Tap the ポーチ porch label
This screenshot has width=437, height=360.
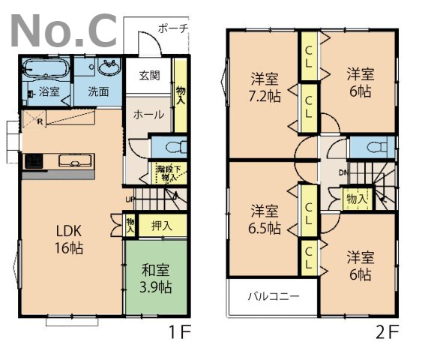[172, 28]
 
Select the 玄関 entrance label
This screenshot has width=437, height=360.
[148, 76]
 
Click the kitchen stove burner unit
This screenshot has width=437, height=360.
[33, 160]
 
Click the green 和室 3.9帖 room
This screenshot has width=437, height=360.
[155, 277]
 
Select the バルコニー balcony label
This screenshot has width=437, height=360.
[274, 296]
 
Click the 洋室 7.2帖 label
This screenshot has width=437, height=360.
[264, 86]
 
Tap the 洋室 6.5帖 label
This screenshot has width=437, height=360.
[265, 218]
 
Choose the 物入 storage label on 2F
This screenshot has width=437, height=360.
[356, 199]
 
